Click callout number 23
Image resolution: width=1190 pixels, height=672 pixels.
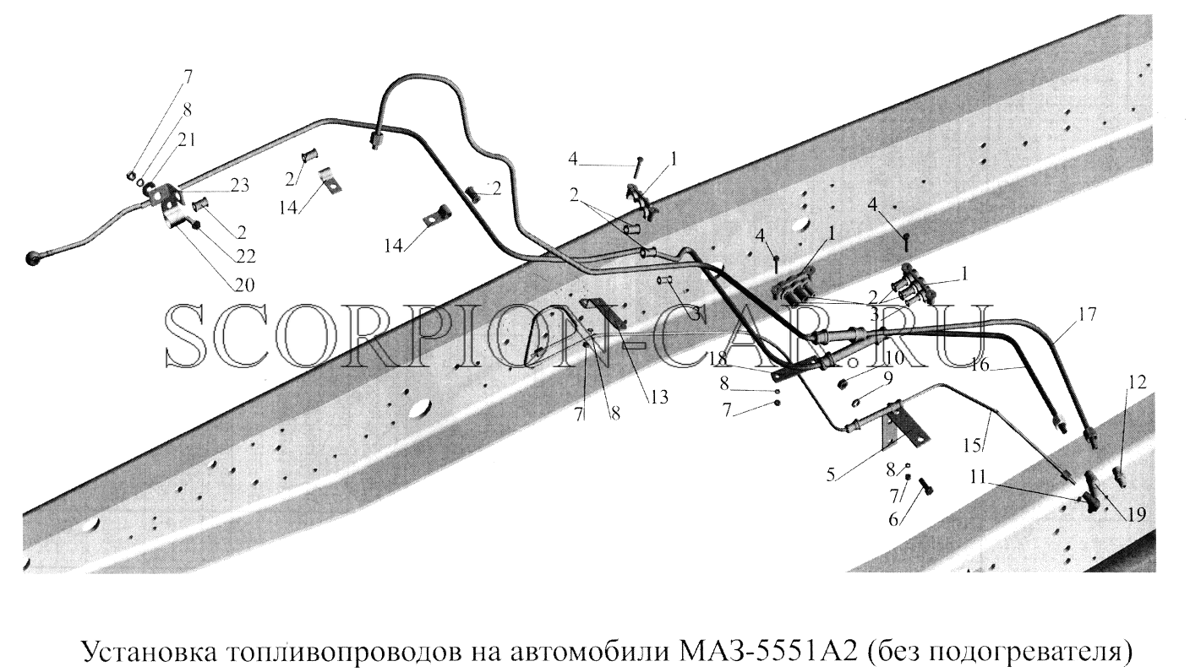coord(238,186)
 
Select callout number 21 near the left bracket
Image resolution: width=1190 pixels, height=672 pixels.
coord(187,140)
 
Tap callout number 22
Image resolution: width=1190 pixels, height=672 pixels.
coord(246,256)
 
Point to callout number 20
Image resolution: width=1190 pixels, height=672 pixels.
coord(244,285)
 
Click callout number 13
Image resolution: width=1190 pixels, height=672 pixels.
coord(658,397)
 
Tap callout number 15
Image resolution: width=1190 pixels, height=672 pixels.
coord(972,445)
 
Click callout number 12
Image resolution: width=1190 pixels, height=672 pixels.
coord(1138,382)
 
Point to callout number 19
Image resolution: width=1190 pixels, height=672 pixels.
coord(1136,514)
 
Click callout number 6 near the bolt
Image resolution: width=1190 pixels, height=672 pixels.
coord(893,519)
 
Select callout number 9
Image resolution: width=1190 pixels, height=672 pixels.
coord(888,377)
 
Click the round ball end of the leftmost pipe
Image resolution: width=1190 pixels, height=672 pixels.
coord(33,258)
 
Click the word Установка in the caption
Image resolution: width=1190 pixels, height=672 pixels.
coord(150,651)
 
